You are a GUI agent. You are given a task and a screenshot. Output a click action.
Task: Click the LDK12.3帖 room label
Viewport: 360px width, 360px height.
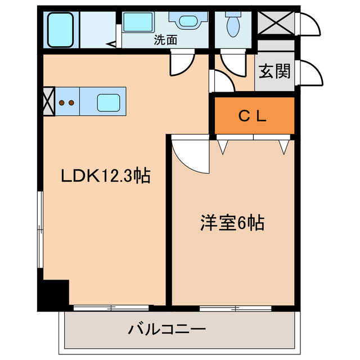tap(105, 176)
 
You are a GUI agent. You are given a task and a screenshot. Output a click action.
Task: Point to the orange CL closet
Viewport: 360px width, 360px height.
tap(254, 116)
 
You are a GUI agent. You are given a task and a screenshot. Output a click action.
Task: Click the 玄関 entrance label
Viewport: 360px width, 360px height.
tap(274, 71)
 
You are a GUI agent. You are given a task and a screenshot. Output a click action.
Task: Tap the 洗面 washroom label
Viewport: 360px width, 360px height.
tap(166, 40)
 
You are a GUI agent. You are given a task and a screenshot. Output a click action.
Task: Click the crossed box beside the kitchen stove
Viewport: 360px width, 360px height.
tap(48, 101)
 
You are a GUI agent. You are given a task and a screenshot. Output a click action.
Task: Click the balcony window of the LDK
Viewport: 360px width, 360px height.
tap(111, 308)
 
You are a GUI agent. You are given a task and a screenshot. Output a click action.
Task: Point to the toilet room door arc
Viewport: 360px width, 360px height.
tap(232, 62)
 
